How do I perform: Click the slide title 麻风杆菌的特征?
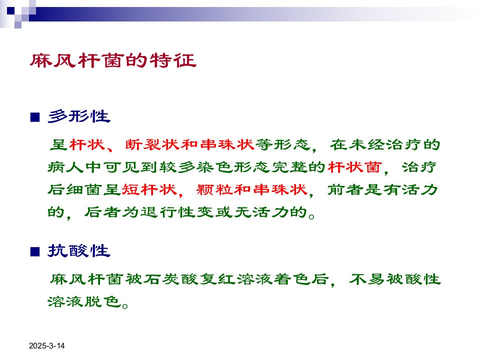[x=113, y=60]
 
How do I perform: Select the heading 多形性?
[x=79, y=116]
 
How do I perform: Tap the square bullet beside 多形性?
[x=35, y=117]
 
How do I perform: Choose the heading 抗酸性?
[x=79, y=251]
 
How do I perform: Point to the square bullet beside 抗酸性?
[x=35, y=252]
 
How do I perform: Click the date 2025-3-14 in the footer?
[x=47, y=346]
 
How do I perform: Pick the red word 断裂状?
[x=152, y=144]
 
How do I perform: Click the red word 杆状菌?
[x=355, y=167]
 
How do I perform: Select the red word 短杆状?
[x=149, y=190]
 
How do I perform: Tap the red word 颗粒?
[x=214, y=190]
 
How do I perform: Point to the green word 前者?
[x=345, y=190]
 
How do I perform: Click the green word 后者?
[x=102, y=212]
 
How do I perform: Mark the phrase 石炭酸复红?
[x=190, y=279]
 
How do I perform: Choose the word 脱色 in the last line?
[x=103, y=302]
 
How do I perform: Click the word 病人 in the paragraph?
[x=65, y=167]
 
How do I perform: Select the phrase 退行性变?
[x=177, y=212]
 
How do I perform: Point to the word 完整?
[x=289, y=167]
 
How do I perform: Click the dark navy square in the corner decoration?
[x=10, y=10]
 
